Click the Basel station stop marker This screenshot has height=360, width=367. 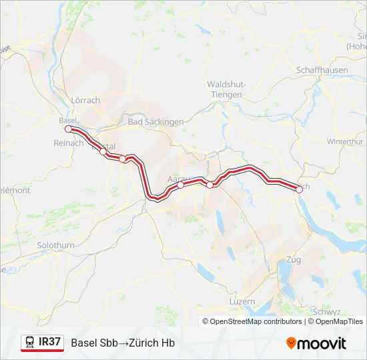click(69, 129)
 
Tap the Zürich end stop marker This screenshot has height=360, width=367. click(299, 189)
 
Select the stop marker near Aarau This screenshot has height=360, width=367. click(181, 185)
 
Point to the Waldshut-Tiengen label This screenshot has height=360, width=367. click(227, 89)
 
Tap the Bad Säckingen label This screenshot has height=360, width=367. click(155, 122)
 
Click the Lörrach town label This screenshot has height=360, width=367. click(85, 101)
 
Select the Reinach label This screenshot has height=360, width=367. click(69, 143)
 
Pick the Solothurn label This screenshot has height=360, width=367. click(56, 245)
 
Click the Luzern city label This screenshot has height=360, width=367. click(242, 302)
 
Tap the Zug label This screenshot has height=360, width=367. click(293, 259)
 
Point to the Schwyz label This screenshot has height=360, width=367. click(326, 311)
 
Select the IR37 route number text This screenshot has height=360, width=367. click(50, 342)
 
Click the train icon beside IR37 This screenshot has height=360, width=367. click(30, 342)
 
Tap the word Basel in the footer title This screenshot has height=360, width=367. click(83, 343)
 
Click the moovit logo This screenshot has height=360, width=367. click(316, 343)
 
